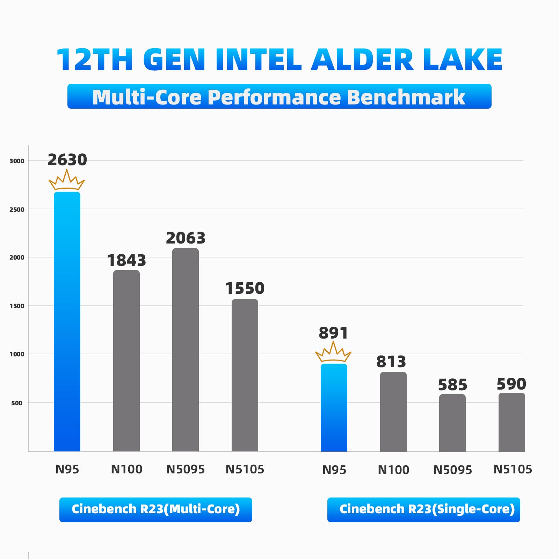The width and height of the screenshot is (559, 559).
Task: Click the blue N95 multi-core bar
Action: [67, 321]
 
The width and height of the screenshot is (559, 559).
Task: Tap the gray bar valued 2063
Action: [186, 349]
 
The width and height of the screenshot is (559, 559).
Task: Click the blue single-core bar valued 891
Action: [334, 407]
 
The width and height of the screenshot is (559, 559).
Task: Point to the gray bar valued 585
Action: [452, 423]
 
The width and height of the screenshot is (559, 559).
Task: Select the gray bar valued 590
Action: [512, 422]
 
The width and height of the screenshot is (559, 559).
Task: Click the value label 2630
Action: [67, 160]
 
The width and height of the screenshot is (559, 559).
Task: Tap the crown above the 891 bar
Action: [333, 352]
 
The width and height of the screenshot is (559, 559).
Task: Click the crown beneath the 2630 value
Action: [67, 180]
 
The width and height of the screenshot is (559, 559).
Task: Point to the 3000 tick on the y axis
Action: [17, 161]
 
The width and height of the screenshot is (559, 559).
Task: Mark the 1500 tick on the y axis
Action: [17, 306]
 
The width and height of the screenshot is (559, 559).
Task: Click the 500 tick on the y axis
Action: [17, 403]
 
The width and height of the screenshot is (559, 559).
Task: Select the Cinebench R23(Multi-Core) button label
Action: [156, 509]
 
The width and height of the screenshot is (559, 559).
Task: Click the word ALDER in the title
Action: [362, 60]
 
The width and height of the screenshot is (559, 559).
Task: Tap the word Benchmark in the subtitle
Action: [406, 97]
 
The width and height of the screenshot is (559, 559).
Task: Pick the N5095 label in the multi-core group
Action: [186, 469]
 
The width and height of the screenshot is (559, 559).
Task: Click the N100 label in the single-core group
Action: [393, 470]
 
